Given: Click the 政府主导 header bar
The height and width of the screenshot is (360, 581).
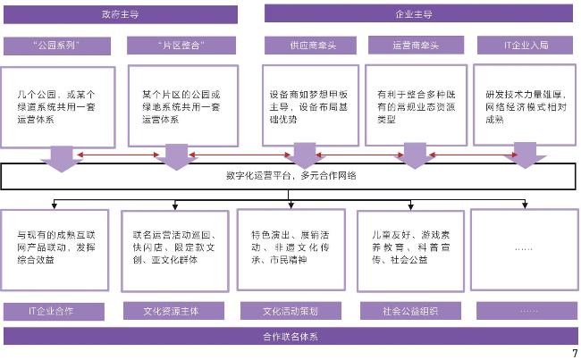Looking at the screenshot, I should (121, 14).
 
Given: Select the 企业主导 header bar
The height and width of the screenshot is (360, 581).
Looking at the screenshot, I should (413, 14).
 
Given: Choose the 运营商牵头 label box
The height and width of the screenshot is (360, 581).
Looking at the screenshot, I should (417, 44).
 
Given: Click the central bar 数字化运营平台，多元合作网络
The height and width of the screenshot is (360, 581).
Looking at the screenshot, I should (290, 176).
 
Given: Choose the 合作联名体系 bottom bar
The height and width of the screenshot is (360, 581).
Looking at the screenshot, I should (290, 336).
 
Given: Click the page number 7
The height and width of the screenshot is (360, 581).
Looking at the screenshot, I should (574, 352).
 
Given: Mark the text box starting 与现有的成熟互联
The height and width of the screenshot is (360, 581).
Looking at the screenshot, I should (58, 247).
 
